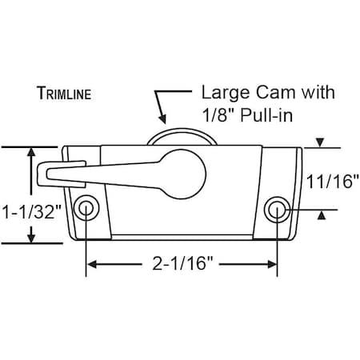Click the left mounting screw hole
(x=86, y=209)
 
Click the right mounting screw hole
(x=278, y=210)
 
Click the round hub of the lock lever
(x=186, y=168)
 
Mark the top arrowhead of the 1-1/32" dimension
(x=31, y=152)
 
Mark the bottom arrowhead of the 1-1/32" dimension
(x=31, y=238)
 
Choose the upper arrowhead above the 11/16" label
(x=321, y=143)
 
